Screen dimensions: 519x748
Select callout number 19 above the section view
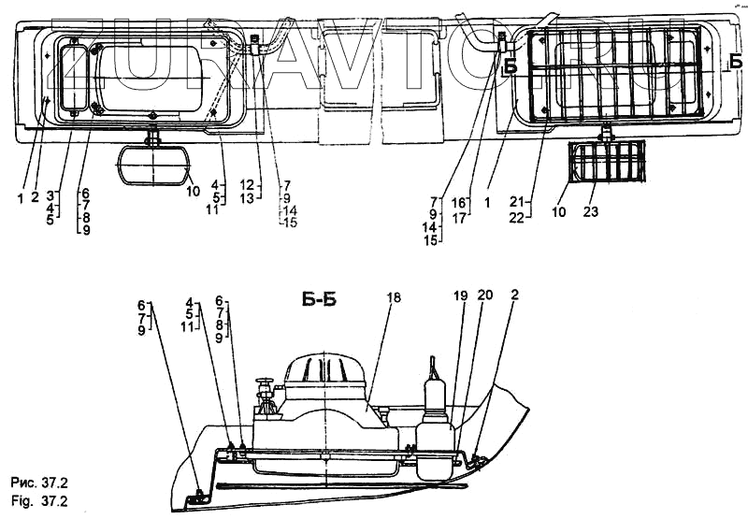click(x=460, y=295)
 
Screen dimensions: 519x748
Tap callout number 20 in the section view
click(x=484, y=295)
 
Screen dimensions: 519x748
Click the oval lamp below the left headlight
click(x=152, y=168)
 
